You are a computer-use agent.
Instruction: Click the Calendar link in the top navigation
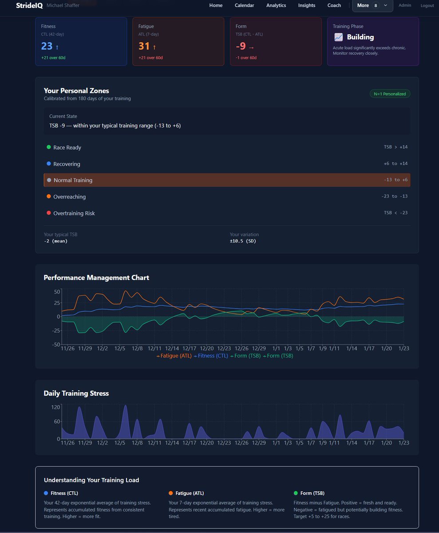[244, 5]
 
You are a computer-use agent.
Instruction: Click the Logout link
[427, 6]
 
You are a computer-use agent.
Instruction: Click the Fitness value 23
[47, 46]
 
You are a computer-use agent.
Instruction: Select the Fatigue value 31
[144, 46]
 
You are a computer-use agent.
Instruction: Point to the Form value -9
[240, 46]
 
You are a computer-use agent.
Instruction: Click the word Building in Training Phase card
[360, 37]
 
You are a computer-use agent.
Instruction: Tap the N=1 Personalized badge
[390, 94]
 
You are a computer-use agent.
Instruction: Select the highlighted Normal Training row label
[73, 180]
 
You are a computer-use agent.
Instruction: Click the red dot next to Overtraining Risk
[49, 213]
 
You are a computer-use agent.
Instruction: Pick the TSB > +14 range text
[395, 147]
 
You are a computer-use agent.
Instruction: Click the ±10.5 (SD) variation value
[243, 241]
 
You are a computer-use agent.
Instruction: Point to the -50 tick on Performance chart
[56, 345]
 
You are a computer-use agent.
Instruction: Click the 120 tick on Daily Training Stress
[55, 407]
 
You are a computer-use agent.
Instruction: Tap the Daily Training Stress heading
[76, 393]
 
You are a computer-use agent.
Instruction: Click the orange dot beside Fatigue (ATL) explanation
[171, 493]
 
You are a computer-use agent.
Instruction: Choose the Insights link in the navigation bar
[306, 5]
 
